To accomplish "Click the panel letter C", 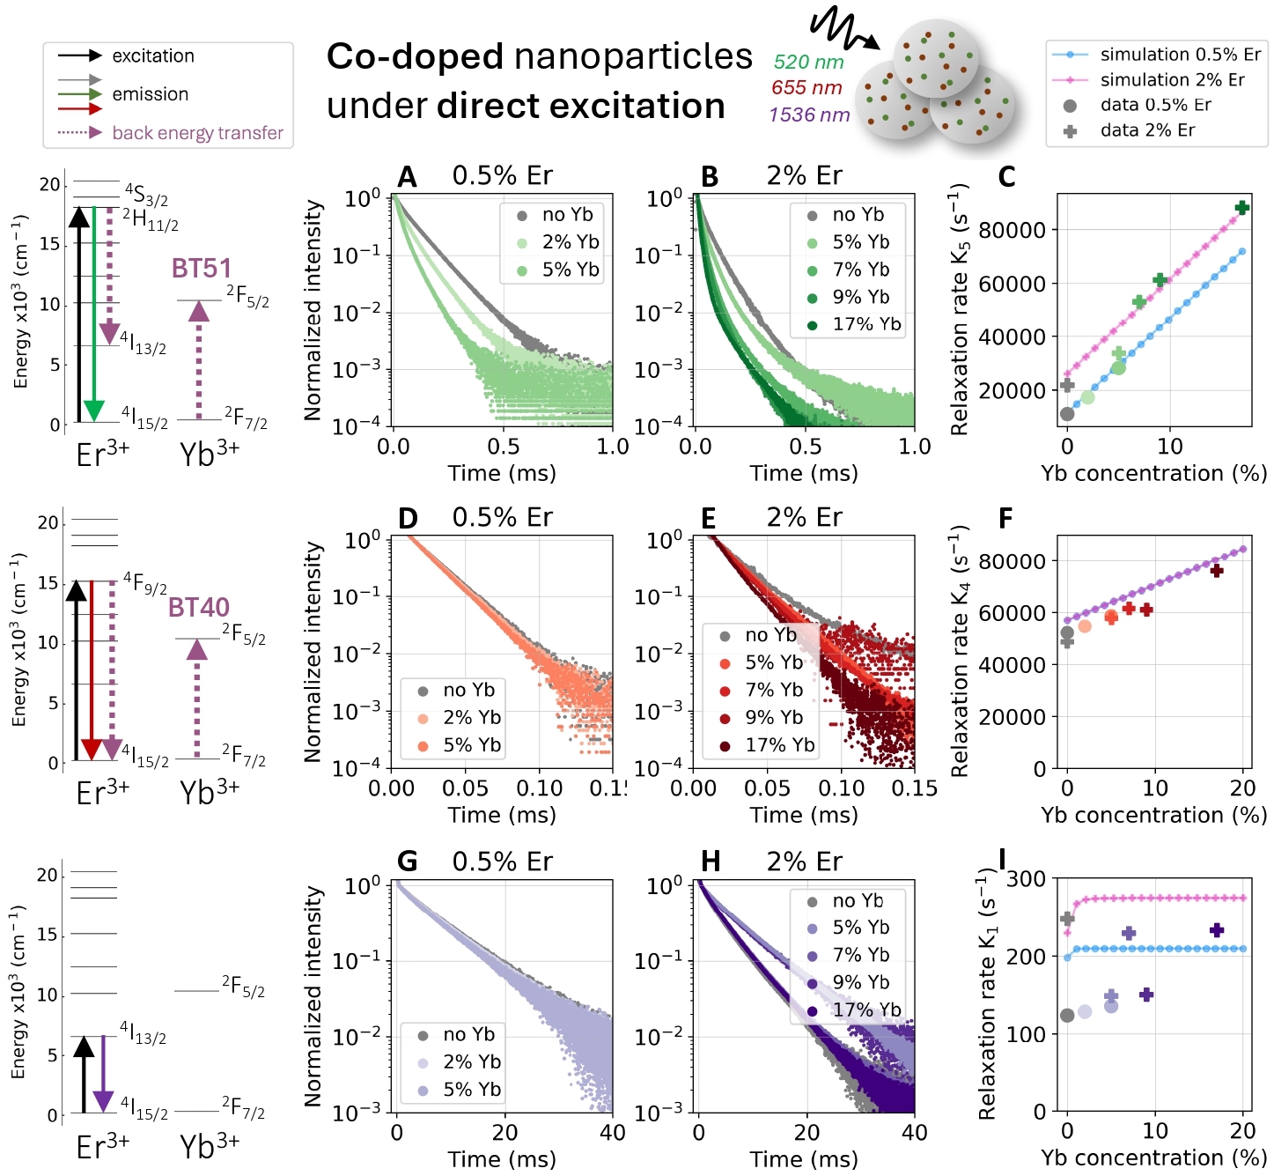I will (x=1006, y=177).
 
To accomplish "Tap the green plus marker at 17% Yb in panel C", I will (x=1241, y=208).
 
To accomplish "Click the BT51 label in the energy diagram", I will (x=202, y=269).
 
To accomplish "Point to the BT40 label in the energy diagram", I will (x=199, y=607).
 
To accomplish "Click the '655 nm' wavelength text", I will (x=806, y=88).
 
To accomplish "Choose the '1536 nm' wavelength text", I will (x=809, y=115).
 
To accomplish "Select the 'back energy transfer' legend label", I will (x=197, y=133).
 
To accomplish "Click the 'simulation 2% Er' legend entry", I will (x=1172, y=80).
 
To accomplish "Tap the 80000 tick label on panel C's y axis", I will (x=1012, y=230).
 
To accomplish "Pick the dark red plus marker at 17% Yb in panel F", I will (x=1217, y=571).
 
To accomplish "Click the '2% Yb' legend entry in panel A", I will (x=570, y=242).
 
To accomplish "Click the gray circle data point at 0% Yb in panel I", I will (x=1067, y=1016).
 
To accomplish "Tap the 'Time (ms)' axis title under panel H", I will (x=804, y=1159).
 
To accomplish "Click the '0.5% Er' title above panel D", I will (x=502, y=518).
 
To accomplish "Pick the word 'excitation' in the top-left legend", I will (x=153, y=56).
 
